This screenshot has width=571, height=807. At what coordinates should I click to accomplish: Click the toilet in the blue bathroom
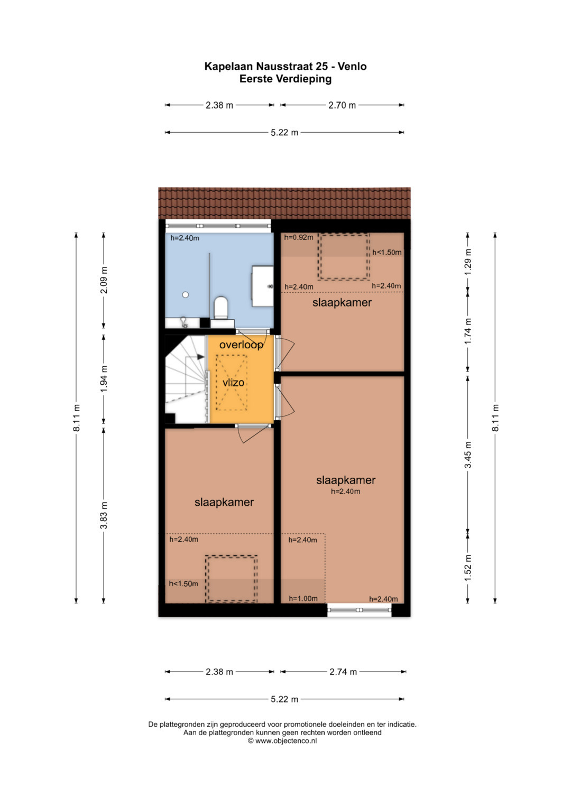click(220, 308)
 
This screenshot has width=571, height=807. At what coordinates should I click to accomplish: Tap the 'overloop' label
click(241, 345)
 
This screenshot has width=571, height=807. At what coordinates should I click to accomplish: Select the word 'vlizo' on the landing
click(233, 382)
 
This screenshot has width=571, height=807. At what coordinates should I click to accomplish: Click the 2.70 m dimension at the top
click(342, 105)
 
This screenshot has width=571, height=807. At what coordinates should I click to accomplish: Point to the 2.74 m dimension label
click(343, 672)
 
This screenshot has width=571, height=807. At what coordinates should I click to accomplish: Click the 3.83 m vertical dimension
click(104, 515)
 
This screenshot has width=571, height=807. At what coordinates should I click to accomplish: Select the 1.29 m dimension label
click(468, 262)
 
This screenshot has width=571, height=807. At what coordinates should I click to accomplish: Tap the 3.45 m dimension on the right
click(468, 454)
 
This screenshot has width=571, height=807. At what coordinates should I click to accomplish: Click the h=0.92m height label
click(299, 237)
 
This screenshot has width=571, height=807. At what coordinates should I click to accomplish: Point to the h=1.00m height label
click(303, 598)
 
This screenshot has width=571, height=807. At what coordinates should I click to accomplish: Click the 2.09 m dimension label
click(104, 280)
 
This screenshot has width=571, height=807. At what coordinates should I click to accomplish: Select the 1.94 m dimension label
click(104, 379)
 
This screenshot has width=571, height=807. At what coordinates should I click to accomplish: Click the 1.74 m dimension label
click(468, 331)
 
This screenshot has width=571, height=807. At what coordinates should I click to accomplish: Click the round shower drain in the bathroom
click(185, 295)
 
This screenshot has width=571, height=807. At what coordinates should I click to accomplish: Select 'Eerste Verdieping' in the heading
click(285, 79)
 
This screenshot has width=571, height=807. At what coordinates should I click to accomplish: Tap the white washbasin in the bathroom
click(262, 286)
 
